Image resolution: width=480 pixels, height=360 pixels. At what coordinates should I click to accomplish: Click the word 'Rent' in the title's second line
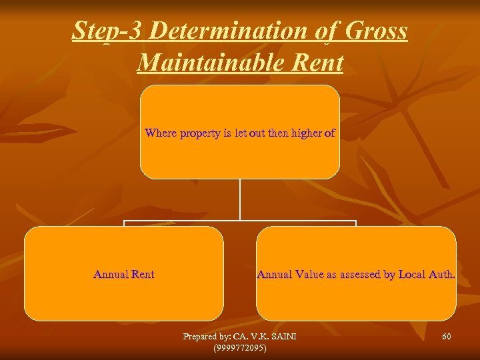[317, 63]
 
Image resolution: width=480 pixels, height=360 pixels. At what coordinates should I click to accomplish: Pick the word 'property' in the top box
[202, 133]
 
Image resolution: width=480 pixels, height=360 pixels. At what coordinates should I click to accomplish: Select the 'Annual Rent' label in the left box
[124, 274]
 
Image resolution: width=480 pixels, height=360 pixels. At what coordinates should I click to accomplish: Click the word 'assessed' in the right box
[365, 274]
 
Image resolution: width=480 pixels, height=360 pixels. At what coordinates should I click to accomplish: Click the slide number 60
[446, 337]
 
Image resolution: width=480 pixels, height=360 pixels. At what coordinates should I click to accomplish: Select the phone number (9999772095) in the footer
[239, 347]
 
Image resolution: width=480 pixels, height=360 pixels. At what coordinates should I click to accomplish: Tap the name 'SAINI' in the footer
[283, 337]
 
